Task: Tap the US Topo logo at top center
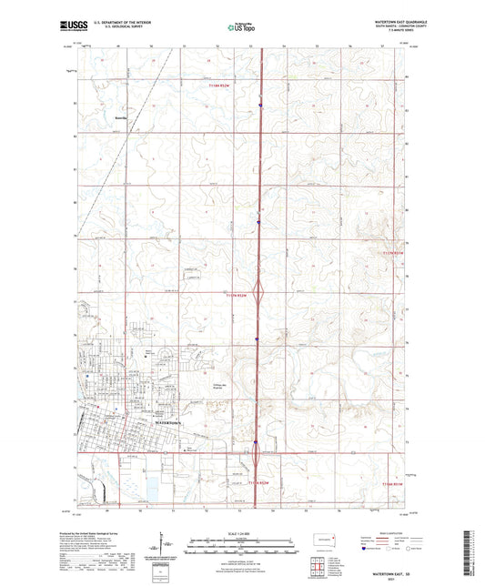[237, 28]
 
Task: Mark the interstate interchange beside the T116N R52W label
[258, 452]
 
